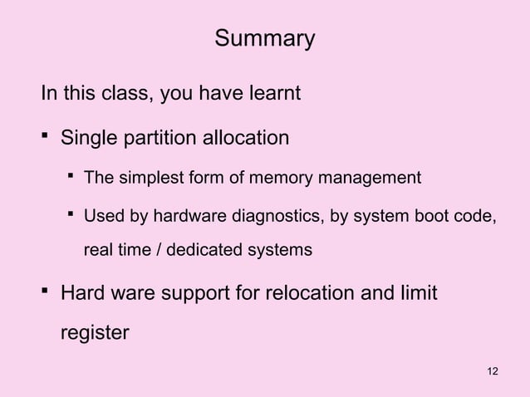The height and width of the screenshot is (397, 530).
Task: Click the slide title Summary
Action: [x=265, y=39]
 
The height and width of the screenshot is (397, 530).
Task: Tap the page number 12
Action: [x=493, y=370]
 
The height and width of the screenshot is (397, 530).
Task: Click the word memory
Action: [x=268, y=178]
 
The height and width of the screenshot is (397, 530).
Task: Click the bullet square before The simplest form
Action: [x=72, y=176]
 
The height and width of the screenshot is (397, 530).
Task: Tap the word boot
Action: [x=431, y=218]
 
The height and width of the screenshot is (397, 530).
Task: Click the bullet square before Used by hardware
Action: [x=72, y=217]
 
